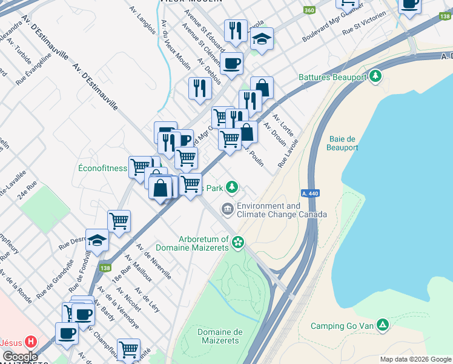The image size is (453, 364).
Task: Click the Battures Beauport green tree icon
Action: pos(376,76)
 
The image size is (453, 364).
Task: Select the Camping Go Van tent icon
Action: pos(382,325)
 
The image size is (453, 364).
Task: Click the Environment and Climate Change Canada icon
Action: pos(227,210)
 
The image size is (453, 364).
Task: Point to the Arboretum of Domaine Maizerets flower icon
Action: pos(238,243)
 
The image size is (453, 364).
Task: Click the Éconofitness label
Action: pos(102,168)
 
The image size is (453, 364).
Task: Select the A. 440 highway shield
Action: pos(309,193)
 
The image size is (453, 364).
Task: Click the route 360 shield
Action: pos(309,11)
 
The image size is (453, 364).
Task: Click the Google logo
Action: pos(19,357)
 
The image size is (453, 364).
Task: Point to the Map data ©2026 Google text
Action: pos(415,359)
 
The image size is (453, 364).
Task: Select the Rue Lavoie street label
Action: pos(289,153)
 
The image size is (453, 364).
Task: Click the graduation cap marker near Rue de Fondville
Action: pos(97,241)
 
